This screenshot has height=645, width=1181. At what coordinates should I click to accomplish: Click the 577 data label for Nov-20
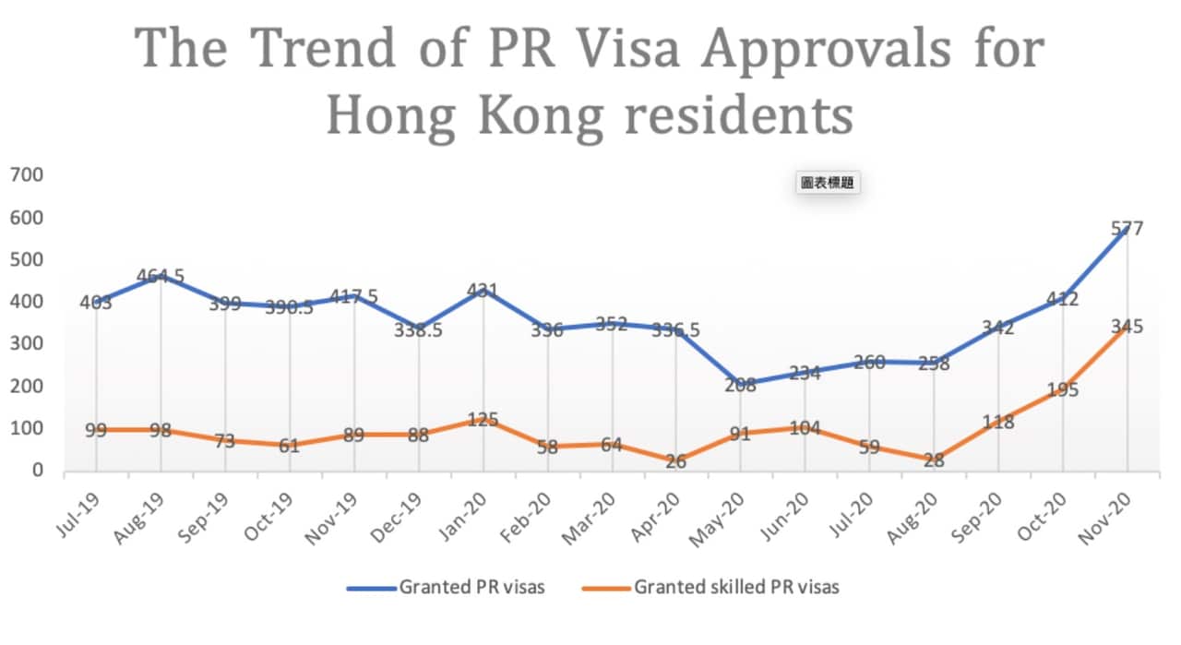tap(1127, 228)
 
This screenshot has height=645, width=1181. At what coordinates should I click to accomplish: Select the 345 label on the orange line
tap(1127, 326)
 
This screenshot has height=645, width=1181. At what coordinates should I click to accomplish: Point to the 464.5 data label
tap(161, 276)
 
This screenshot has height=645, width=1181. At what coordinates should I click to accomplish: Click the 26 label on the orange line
tap(676, 461)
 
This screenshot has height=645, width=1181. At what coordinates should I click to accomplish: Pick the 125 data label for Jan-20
tap(483, 420)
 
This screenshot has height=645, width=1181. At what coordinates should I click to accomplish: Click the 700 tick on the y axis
tap(28, 174)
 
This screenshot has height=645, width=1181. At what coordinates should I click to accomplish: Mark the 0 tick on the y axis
tap(37, 471)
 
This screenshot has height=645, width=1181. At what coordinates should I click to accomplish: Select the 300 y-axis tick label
tap(28, 343)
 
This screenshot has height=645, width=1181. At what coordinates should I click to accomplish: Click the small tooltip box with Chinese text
tap(827, 183)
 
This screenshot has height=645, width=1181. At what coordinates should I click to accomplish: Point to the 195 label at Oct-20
tap(1062, 389)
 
